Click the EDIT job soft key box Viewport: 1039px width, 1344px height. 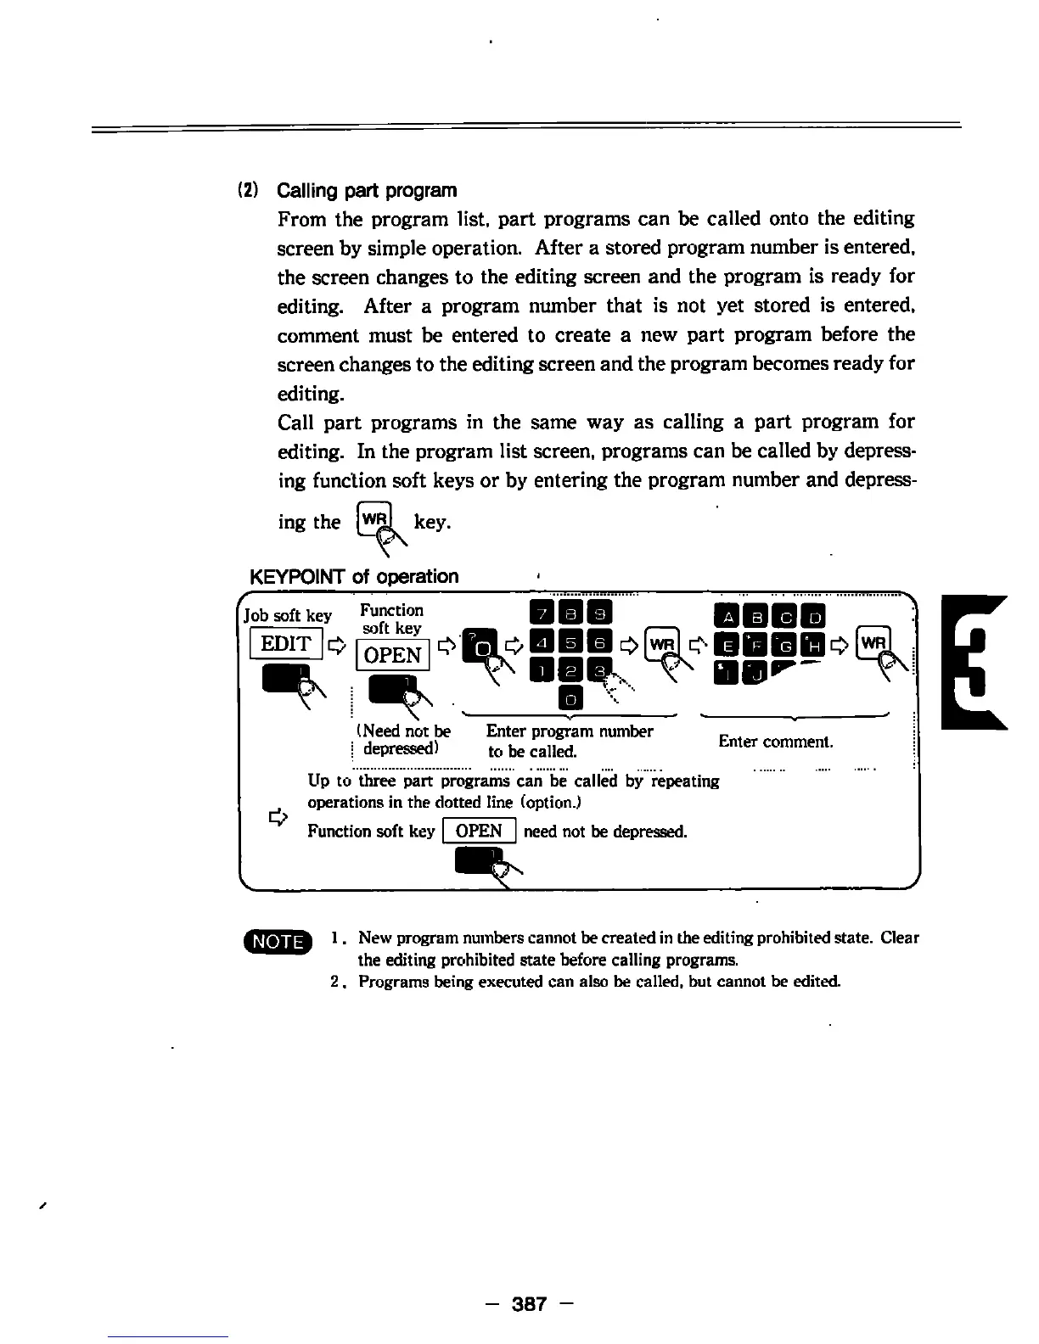(x=286, y=644)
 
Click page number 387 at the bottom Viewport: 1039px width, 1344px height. (x=529, y=1303)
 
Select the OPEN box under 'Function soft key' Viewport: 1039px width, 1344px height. (x=392, y=655)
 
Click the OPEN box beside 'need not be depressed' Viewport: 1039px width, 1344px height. (x=479, y=832)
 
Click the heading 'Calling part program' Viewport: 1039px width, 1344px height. (x=367, y=190)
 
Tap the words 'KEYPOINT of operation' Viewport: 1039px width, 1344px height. (x=354, y=577)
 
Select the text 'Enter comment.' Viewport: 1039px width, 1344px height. (x=776, y=742)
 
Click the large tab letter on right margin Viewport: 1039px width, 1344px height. (x=976, y=662)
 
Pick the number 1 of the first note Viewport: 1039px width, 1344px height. (x=337, y=938)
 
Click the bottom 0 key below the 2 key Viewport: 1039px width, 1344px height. (x=570, y=699)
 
